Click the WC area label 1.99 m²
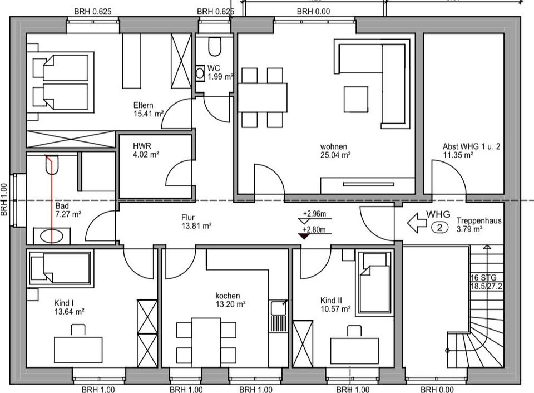pos(220,77)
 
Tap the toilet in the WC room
pos(214,46)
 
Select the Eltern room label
pos(143,106)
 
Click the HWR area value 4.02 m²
pos(146,154)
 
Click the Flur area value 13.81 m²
pos(196,226)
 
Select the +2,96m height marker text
pos(314,213)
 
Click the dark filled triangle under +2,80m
pos(303,237)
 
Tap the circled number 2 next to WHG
pos(439,227)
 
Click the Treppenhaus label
pos(479,220)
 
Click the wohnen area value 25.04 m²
pos(335,155)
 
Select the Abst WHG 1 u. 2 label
pos(472,147)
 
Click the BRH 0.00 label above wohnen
pos(313,11)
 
